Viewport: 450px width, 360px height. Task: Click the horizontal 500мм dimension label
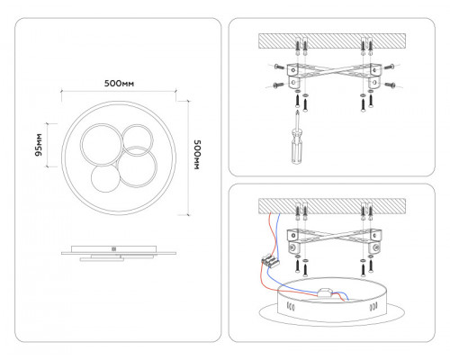119,83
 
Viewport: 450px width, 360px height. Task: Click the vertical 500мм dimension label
197,155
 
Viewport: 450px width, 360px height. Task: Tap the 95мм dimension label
39,145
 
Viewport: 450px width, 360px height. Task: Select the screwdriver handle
296,146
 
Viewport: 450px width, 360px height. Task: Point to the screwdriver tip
297,111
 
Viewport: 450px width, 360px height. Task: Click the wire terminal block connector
269,260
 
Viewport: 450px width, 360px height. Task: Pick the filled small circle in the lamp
105,179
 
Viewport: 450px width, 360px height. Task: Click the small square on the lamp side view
113,249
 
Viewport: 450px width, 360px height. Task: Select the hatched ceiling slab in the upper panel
332,41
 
